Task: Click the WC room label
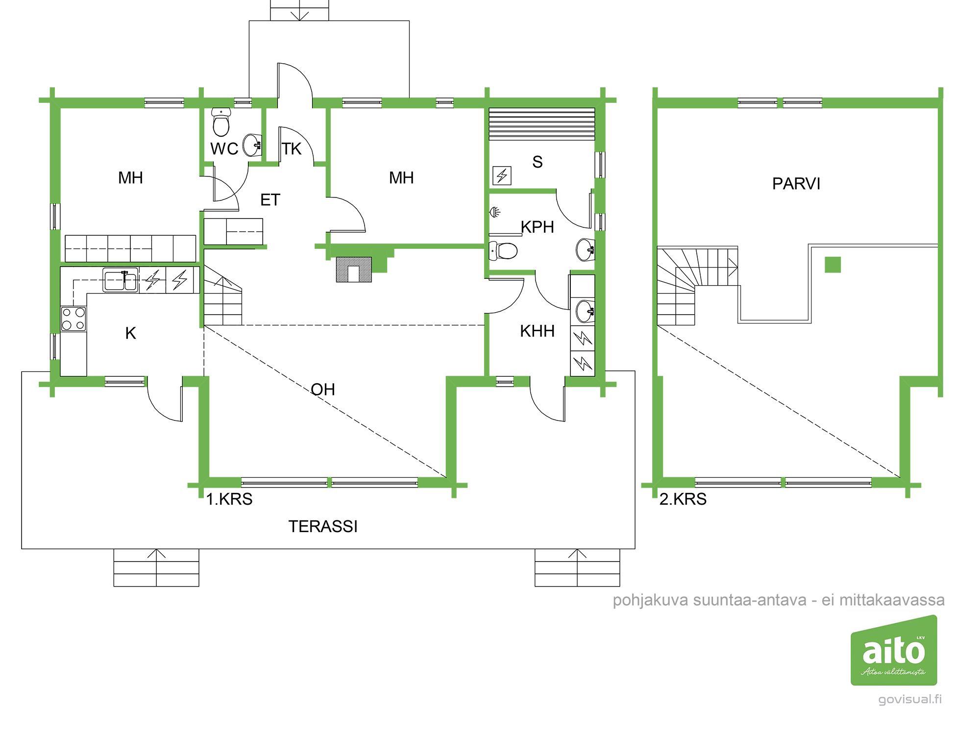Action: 224,149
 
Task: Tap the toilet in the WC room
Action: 221,122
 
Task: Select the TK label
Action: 292,149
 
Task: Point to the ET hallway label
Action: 270,200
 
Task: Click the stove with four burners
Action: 73,318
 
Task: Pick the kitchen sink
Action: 120,280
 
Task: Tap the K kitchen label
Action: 130,333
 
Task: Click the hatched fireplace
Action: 354,269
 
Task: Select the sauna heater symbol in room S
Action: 502,175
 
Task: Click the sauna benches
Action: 542,124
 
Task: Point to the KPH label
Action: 537,227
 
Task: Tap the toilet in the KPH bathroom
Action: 503,251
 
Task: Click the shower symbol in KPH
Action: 495,212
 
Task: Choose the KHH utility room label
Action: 537,331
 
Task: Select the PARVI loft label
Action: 796,184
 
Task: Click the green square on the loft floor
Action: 833,265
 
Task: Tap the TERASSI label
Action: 323,526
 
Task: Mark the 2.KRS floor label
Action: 683,499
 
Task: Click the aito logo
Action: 894,650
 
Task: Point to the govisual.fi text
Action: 910,699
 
